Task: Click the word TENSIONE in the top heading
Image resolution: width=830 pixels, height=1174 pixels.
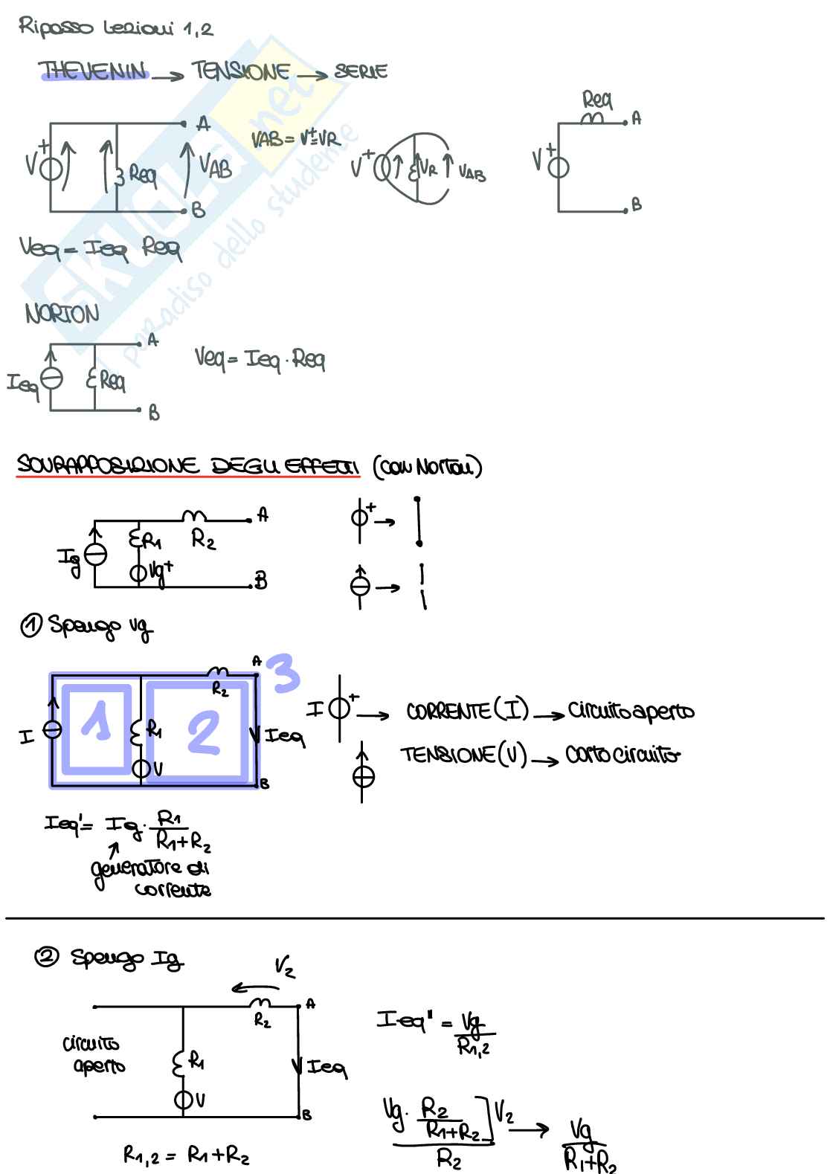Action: click(241, 71)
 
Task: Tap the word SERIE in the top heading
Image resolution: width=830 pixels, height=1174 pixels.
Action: click(361, 71)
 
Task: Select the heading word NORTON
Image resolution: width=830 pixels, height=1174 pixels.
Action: click(62, 315)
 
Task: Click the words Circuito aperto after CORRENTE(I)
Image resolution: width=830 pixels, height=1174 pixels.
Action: click(631, 712)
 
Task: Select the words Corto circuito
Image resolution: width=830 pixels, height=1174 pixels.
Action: click(622, 756)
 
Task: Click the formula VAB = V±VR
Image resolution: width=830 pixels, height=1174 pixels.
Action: click(295, 139)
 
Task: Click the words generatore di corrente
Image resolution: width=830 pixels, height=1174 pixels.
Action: click(152, 878)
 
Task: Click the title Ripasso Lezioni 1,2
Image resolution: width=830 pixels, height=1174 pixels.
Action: click(116, 28)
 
